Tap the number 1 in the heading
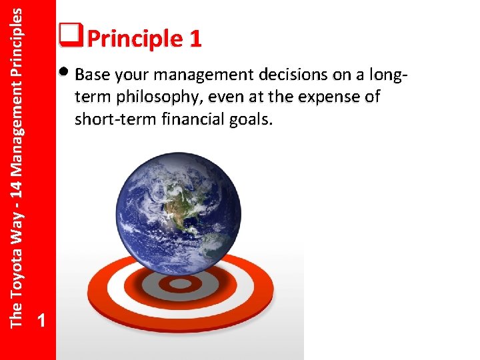(x=195, y=39)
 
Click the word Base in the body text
(x=93, y=74)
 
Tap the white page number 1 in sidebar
(x=42, y=321)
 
